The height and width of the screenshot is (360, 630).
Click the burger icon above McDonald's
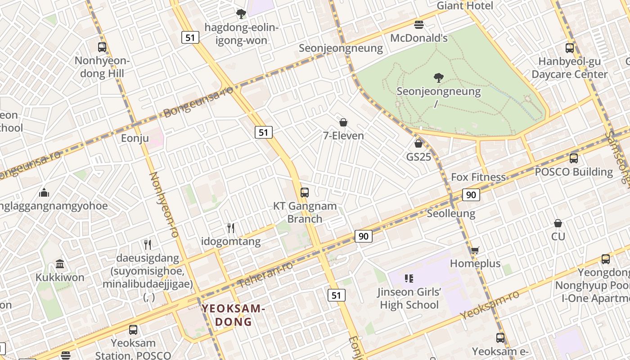[419, 24]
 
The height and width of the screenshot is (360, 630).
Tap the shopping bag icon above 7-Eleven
[343, 122]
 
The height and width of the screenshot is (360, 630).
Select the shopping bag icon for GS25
[418, 144]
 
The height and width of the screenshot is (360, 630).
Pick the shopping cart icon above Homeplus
[475, 250]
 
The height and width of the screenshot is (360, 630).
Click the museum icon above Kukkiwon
[60, 264]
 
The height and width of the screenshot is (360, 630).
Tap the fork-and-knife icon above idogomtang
[231, 228]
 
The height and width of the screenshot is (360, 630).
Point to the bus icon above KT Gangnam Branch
[305, 193]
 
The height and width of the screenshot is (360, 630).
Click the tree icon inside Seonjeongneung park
[439, 78]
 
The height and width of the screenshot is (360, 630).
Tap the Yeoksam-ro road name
[490, 305]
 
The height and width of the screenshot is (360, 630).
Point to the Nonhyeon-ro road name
[164, 205]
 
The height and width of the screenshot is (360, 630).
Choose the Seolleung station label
[451, 213]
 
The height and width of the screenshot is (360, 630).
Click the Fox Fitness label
[478, 177]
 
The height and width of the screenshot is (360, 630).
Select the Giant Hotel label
[465, 6]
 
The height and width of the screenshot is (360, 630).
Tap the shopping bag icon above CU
[558, 223]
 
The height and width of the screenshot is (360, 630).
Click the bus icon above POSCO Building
[574, 158]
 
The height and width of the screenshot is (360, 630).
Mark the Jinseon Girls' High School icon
[409, 279]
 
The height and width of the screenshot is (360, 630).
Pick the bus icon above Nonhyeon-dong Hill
[102, 47]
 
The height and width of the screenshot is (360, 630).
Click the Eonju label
[135, 138]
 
